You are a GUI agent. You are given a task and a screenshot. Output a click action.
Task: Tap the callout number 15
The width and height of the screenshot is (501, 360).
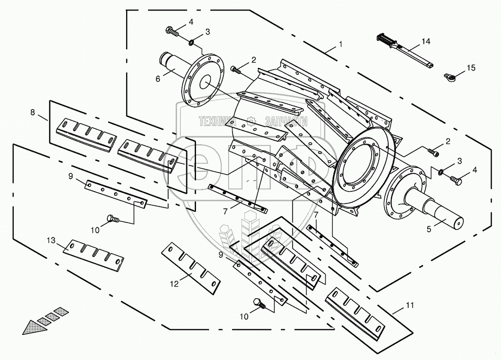pos(470,68)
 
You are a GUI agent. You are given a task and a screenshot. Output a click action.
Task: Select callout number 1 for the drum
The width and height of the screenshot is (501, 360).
pos(340,44)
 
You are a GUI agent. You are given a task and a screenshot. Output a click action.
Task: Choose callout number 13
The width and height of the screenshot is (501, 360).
pos(51,241)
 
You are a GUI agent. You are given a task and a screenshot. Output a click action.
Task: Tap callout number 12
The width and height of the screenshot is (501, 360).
pos(174,284)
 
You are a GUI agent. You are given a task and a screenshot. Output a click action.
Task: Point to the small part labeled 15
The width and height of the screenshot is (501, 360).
pos(450,76)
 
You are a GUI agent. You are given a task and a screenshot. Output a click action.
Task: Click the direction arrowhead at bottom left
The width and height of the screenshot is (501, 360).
pos(32,327)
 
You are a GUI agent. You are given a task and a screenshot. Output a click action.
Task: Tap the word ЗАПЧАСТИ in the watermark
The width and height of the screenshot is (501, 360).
pos(286,121)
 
